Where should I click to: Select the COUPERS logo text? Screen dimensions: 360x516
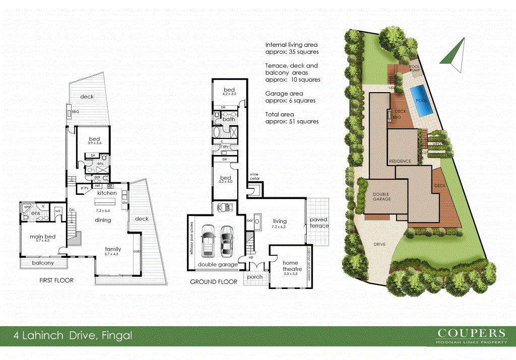point(471,333)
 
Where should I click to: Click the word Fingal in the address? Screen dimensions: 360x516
point(117,335)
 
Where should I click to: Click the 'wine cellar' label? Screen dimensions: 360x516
point(254,176)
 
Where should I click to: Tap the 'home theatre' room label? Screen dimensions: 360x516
point(290,266)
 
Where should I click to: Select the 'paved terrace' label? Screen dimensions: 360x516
point(318,223)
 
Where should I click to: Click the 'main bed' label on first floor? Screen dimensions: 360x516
point(36,238)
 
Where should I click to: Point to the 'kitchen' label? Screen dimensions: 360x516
point(107,193)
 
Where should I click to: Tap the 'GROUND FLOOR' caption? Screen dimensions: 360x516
point(214,282)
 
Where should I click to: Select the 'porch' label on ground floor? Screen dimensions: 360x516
point(254,276)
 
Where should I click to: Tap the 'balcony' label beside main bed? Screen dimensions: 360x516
point(43,263)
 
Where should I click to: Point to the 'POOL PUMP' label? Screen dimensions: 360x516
point(415,68)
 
